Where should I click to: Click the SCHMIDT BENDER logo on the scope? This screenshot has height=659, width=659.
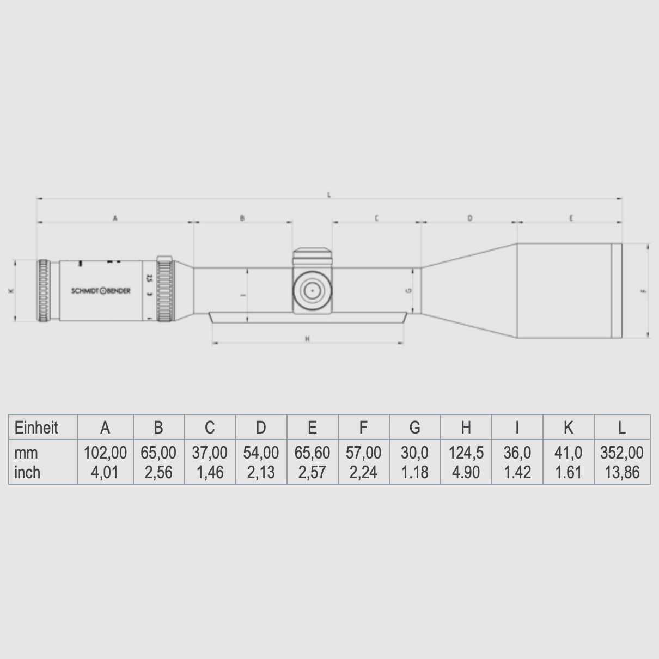(101, 291)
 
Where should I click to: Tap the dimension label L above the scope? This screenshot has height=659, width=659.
(329, 194)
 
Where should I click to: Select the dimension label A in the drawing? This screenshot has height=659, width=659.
(115, 218)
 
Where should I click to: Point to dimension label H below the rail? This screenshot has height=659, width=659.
(307, 339)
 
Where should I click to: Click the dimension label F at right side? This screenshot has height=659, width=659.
(643, 291)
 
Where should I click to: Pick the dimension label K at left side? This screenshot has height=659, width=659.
(11, 291)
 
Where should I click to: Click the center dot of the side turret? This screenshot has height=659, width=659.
(312, 291)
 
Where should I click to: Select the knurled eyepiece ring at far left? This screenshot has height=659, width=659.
(44, 291)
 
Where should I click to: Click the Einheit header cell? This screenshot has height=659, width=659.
(36, 428)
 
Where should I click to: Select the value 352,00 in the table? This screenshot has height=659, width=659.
(621, 453)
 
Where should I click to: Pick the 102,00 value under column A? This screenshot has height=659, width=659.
(105, 453)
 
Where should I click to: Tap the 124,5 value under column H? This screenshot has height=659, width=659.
(466, 453)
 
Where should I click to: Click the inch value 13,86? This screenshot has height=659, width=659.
(622, 472)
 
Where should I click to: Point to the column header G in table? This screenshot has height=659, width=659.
(414, 428)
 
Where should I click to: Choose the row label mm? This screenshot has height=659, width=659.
(26, 453)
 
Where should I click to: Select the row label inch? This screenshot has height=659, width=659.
(28, 472)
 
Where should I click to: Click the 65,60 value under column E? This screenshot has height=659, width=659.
(312, 453)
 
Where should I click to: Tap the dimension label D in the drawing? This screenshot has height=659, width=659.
(470, 218)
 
